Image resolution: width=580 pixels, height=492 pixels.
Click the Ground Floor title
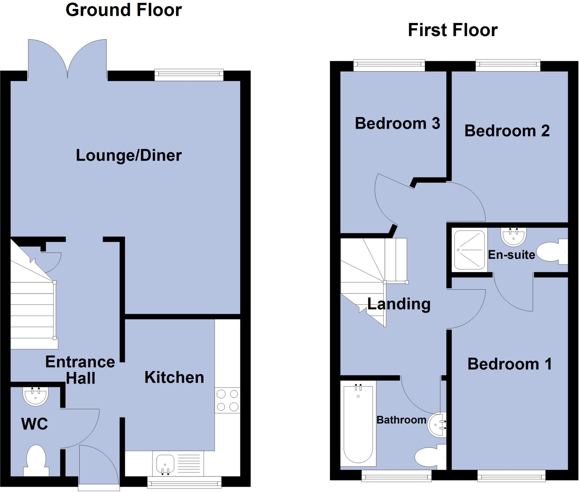[x=123, y=10]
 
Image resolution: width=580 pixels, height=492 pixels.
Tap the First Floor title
[x=453, y=30]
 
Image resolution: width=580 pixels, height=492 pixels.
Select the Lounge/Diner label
[x=129, y=156]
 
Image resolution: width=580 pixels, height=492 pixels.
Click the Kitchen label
[x=174, y=377]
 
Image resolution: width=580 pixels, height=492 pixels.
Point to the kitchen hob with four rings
[x=227, y=400]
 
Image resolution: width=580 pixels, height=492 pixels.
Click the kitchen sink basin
[x=165, y=464]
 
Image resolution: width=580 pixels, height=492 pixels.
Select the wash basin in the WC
[x=36, y=396]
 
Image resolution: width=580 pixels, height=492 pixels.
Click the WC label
[x=35, y=424]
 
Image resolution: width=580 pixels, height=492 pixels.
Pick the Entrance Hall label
[x=80, y=370]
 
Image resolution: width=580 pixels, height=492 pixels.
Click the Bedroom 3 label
[x=397, y=124]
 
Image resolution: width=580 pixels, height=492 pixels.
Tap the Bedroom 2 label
[x=507, y=131]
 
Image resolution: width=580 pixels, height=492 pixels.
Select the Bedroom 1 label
[x=509, y=364]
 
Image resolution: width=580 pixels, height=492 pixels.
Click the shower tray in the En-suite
[x=469, y=250]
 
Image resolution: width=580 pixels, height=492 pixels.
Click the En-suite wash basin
[x=513, y=237]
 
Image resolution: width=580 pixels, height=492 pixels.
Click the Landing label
[x=399, y=304]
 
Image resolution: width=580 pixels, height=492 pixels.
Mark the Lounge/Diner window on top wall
[x=189, y=74]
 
